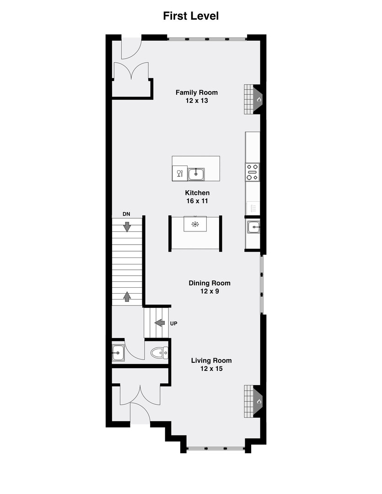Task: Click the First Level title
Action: pos(191,16)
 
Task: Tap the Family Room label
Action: pos(197,92)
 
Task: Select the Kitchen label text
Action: pos(197,193)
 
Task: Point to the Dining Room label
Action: pos(210,283)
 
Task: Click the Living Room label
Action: pos(211,360)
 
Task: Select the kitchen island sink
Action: pos(196,173)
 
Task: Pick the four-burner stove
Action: pos(253,172)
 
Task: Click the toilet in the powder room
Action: pos(159,353)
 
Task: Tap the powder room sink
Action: pos(118,353)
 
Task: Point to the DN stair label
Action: pos(127,214)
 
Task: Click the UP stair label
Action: pos(173,323)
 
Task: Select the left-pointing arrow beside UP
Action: pos(160,323)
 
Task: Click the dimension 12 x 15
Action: pos(211,368)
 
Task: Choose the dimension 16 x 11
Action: pos(197,201)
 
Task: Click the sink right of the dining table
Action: pos(253,226)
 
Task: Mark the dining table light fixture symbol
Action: pos(195,224)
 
